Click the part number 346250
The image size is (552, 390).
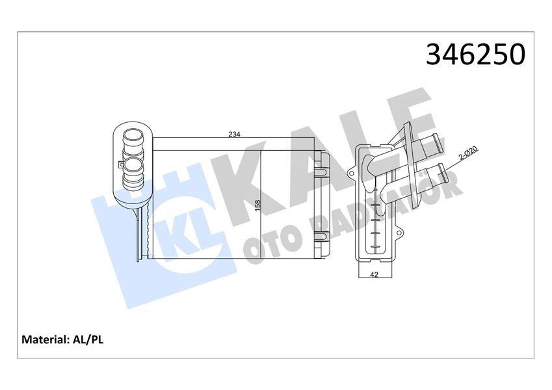[x=475, y=55]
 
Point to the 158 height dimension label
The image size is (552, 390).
[x=258, y=205]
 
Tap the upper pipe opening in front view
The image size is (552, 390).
[x=133, y=139]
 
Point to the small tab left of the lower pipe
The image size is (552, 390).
[x=121, y=168]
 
